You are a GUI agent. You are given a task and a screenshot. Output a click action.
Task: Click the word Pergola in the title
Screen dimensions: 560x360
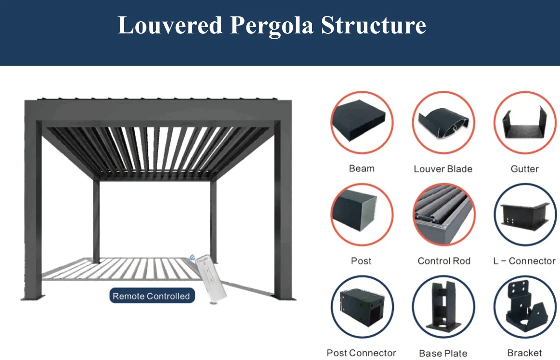click(272, 26)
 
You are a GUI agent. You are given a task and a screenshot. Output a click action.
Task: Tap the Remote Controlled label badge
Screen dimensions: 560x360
click(152, 296)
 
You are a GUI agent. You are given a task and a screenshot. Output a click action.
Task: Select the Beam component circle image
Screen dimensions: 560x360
click(361, 122)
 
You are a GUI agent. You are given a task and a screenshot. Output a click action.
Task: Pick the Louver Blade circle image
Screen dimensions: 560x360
click(443, 122)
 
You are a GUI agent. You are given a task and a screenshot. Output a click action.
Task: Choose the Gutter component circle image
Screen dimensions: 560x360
click(525, 122)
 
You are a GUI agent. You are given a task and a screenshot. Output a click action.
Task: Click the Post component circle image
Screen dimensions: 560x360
click(361, 215)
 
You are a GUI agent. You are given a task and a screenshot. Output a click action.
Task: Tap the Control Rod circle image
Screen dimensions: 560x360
click(443, 215)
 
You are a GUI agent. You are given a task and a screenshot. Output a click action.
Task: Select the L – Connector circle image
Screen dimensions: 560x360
click(525, 215)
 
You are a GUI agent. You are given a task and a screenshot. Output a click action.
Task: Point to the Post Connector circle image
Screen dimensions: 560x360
click(361, 307)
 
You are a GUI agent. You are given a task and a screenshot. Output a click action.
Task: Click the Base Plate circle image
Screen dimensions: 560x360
click(443, 307)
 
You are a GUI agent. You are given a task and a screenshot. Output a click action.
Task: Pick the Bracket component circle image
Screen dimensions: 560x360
click(525, 307)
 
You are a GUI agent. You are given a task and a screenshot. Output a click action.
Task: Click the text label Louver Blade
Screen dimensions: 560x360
click(443, 169)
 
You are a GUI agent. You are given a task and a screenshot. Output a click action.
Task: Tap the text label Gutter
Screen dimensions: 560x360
click(525, 169)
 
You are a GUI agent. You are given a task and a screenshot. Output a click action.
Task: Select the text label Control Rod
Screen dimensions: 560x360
click(444, 261)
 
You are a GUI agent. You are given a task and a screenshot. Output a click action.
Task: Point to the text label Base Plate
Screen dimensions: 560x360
click(443, 353)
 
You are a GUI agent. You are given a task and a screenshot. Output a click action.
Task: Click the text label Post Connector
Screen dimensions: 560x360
click(361, 353)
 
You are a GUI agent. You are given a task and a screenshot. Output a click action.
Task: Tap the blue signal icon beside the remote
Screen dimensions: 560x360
click(193, 259)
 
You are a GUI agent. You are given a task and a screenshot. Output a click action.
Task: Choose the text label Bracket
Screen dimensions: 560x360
click(525, 353)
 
